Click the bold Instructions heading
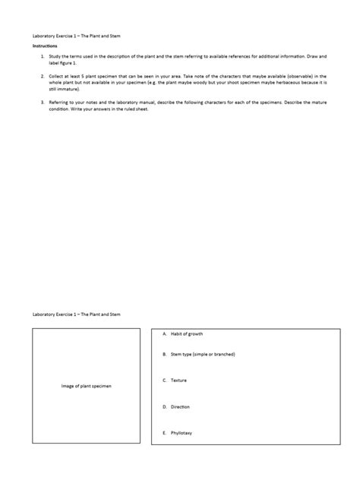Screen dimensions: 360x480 (x=44, y=46)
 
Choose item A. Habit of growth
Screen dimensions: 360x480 (x=182, y=334)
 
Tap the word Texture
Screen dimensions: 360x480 (x=178, y=380)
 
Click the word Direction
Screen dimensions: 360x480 (x=180, y=406)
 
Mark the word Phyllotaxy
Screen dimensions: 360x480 (x=182, y=433)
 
